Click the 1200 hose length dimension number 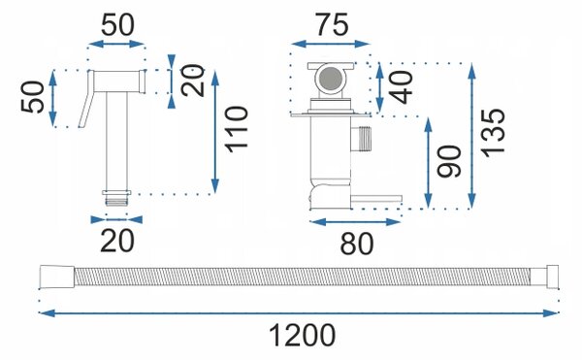click(302, 335)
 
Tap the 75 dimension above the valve click(332, 25)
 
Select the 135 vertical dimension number click(493, 133)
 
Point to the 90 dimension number click(449, 161)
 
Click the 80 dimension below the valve click(357, 244)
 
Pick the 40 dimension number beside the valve click(401, 87)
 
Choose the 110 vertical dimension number click(237, 129)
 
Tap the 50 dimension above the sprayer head click(117, 25)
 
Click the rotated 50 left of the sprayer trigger click(32, 96)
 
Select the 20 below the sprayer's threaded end click(117, 242)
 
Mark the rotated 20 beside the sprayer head click(193, 81)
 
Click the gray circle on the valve click(331, 79)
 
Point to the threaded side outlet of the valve click(362, 139)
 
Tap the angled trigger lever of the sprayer click(85, 99)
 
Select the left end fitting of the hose click(57, 277)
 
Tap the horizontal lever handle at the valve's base click(376, 199)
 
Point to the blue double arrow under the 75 click(331, 44)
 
